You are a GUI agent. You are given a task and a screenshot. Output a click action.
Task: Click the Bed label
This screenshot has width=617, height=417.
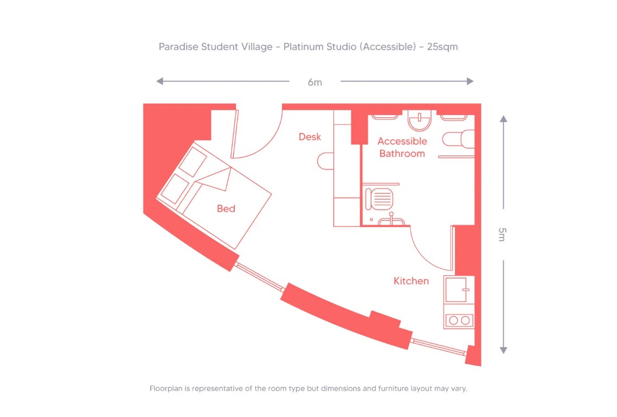[x=226, y=208]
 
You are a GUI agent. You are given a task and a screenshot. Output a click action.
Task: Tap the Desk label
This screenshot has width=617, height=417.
[x=310, y=137]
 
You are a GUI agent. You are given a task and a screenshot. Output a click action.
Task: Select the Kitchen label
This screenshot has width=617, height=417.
[x=411, y=281]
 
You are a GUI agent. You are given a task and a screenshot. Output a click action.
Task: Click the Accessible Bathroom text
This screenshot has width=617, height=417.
[x=402, y=147]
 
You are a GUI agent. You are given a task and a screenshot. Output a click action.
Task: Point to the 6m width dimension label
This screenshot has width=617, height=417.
[x=314, y=82]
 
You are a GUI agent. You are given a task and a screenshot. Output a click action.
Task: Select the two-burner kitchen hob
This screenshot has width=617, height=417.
[x=459, y=320]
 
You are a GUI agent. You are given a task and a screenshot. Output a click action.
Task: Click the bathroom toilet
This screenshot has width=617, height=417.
[x=458, y=140]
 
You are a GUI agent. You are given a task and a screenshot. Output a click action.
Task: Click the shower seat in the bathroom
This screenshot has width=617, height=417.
[x=379, y=198]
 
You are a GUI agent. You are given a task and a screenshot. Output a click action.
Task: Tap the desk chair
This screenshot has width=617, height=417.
[x=325, y=161]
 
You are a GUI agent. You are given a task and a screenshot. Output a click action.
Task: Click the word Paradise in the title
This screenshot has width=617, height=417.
[x=178, y=47]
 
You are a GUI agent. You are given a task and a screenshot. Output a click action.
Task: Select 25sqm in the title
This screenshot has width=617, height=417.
[x=442, y=47]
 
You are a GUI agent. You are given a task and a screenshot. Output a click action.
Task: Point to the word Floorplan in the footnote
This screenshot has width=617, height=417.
[x=166, y=389]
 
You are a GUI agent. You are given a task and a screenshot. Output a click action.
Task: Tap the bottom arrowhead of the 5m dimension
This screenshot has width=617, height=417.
[x=503, y=350]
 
